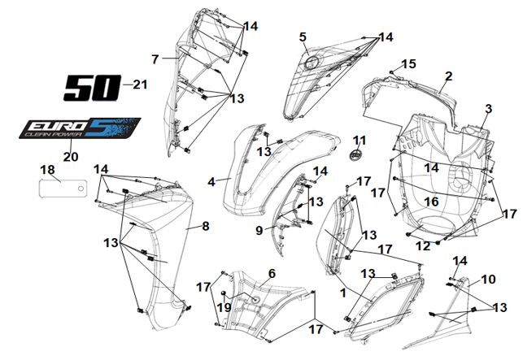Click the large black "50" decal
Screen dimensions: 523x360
coord(93,88)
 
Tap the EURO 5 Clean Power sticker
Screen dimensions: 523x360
coord(80,128)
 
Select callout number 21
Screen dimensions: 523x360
coord(140,85)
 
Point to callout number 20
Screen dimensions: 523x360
coord(71,156)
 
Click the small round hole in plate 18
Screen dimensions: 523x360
coord(81,189)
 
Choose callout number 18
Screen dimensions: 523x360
coord(47,170)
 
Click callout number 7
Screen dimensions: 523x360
coord(155,59)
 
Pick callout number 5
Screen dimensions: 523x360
coord(303,37)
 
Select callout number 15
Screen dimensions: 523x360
coord(408,63)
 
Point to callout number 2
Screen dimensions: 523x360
coord(449,76)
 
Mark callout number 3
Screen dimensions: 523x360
coord(488,109)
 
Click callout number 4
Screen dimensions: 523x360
coord(211,182)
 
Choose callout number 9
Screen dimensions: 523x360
coord(259,230)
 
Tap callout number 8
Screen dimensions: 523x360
coord(206,227)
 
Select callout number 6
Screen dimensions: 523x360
coord(272,274)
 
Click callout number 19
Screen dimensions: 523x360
coord(224,308)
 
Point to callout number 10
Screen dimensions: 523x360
coord(489,280)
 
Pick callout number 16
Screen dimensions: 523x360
coord(431,202)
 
